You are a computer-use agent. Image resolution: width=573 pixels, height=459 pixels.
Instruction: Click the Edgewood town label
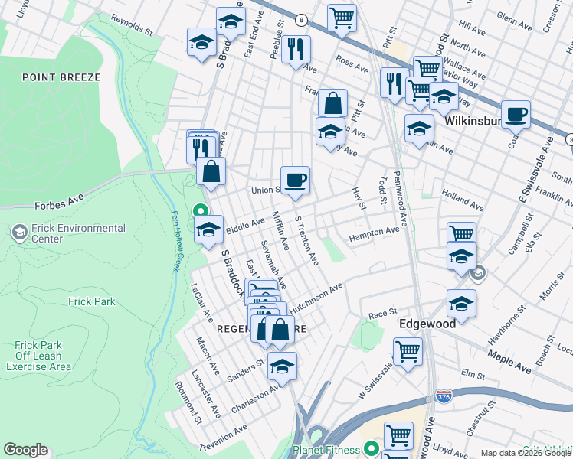427,324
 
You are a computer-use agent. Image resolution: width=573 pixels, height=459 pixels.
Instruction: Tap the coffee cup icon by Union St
295,181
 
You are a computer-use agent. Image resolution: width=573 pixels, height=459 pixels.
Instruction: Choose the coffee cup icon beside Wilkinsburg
516,114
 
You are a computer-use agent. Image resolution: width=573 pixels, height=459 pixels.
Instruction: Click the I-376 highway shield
443,396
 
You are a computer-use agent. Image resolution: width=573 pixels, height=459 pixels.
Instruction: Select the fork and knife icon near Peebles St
295,50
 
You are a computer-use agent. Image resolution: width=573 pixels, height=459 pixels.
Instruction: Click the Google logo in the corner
25,450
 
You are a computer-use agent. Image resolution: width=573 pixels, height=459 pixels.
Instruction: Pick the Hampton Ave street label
374,234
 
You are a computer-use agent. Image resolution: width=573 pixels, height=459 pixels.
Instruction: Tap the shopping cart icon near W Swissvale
408,352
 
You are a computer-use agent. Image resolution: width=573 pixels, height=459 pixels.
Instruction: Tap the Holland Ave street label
463,205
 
